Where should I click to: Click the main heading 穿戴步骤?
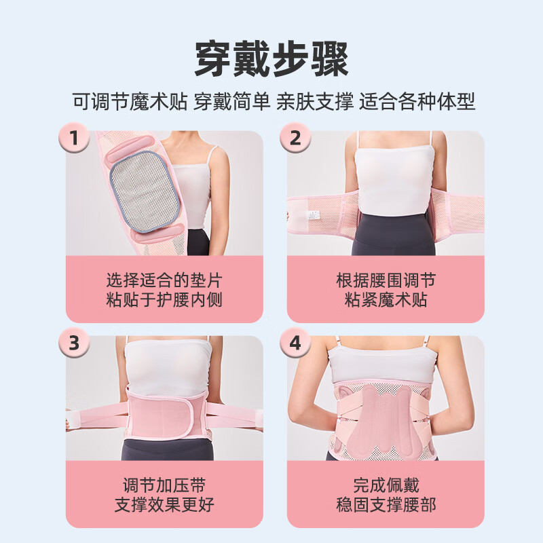(x=271, y=59)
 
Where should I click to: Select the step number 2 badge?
(x=295, y=139)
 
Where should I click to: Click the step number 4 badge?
(x=295, y=343)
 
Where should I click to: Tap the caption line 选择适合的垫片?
(x=164, y=280)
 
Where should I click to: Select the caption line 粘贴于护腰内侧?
(x=164, y=300)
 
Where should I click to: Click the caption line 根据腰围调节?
(x=386, y=280)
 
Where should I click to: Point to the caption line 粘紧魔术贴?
(x=386, y=300)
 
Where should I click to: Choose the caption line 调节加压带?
(x=164, y=485)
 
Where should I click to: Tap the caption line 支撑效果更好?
(x=164, y=505)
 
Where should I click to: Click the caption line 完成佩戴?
(x=386, y=485)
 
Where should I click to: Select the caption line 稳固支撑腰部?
(x=386, y=505)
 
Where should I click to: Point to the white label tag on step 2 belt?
(x=314, y=214)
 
